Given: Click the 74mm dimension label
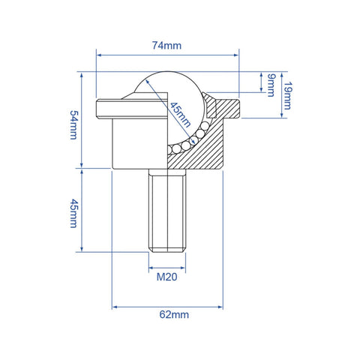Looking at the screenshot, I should pyautogui.click(x=167, y=46).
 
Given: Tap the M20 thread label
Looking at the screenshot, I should pyautogui.click(x=166, y=277).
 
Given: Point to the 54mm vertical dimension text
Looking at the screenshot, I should pyautogui.click(x=73, y=124).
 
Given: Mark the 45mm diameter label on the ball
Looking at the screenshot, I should pyautogui.click(x=180, y=115).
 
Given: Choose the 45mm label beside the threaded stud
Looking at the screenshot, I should pyautogui.click(x=73, y=213).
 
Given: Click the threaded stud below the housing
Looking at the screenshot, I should pyautogui.click(x=166, y=210).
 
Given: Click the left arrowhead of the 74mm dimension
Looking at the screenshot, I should pyautogui.click(x=99, y=54).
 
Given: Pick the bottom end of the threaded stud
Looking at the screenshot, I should pyautogui.click(x=166, y=249).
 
